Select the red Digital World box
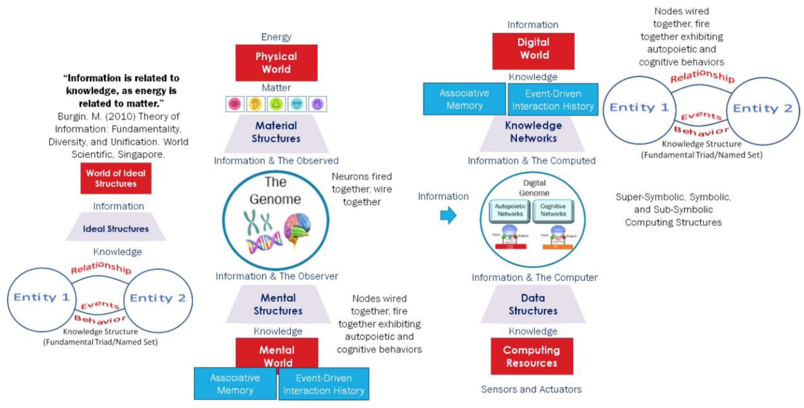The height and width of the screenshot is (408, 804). click(533, 51)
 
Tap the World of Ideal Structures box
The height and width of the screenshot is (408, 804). click(116, 178)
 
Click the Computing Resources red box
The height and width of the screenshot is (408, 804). click(532, 356)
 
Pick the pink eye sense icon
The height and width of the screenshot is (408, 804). click(235, 104)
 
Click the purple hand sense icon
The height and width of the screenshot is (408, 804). click(317, 104)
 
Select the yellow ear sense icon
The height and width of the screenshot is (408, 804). click(255, 104)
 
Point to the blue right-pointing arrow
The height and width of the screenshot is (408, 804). click(448, 215)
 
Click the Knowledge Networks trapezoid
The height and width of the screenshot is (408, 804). click(533, 132)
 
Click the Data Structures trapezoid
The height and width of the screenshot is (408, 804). click(533, 304)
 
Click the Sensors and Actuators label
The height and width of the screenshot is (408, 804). click(531, 389)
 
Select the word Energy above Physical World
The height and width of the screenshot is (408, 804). click(276, 37)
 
